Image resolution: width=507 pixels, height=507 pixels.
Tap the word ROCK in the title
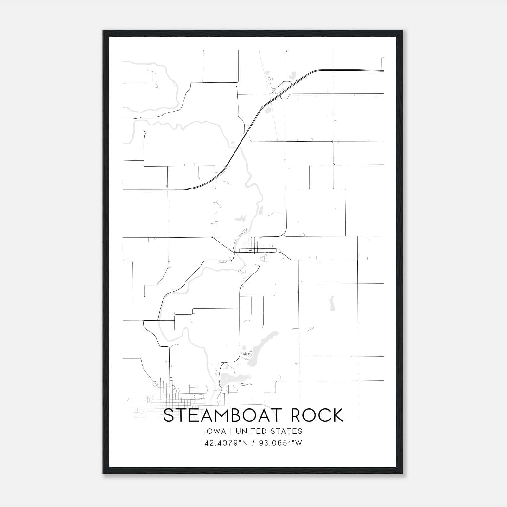317,415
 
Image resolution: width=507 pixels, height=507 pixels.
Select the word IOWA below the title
215,431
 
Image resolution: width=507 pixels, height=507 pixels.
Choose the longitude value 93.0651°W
281,443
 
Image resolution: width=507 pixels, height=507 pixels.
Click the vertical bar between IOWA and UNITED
231,431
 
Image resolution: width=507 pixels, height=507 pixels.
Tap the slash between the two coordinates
253,443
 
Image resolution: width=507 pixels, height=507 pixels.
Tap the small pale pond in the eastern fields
331,304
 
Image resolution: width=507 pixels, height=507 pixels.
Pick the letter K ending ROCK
338,415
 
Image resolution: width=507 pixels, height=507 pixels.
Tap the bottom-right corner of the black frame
402,473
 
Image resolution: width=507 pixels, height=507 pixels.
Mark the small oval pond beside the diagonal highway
267,111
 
